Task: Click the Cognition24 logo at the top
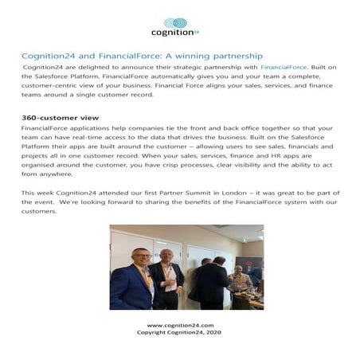(x=174, y=27)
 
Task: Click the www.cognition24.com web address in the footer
(x=180, y=325)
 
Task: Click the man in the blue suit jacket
(x=132, y=283)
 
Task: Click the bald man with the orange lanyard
(x=166, y=279)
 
